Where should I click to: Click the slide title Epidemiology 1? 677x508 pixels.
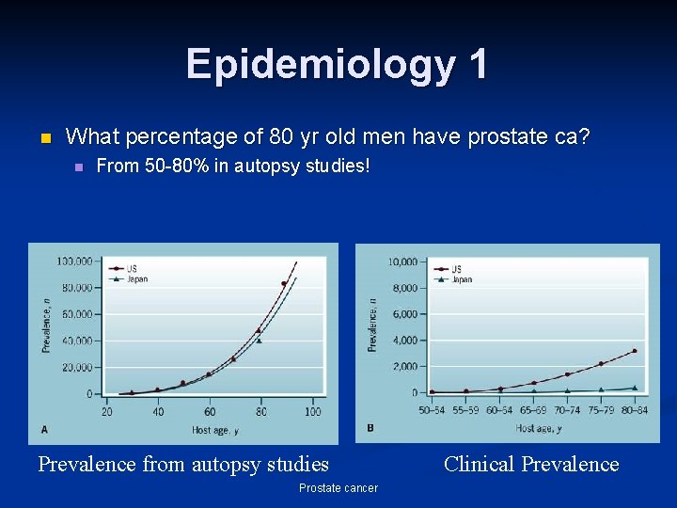[338, 64]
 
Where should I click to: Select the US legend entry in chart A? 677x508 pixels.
[133, 268]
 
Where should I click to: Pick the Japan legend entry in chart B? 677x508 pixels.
[462, 279]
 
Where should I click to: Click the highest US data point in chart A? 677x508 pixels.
[284, 283]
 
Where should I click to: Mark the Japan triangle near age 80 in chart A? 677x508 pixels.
[259, 340]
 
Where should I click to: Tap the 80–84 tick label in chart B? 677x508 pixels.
[634, 409]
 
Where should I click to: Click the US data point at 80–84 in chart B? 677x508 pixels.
[635, 351]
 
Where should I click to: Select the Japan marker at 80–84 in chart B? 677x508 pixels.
[635, 388]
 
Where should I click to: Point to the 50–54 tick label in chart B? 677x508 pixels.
[432, 409]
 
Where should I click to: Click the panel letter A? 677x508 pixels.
[44, 429]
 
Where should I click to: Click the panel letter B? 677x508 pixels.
[370, 428]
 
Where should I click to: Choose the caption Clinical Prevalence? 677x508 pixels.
[531, 464]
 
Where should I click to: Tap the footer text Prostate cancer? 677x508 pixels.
[338, 487]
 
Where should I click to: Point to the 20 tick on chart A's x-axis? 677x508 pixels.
[106, 412]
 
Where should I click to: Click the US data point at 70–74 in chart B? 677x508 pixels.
[567, 374]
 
